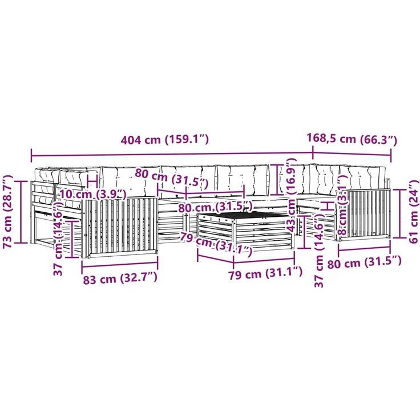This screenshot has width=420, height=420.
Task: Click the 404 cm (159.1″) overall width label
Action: tap(164, 140)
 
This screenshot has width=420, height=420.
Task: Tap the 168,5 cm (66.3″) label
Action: tap(352, 139)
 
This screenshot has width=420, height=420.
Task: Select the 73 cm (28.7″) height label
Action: tap(8, 212)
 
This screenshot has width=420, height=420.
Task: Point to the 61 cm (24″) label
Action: tap(414, 212)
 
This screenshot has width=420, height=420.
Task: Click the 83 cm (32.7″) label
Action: tap(120, 279)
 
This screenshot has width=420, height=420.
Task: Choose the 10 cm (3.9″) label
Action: tap(92, 194)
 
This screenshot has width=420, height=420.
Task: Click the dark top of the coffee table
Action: tap(243, 215)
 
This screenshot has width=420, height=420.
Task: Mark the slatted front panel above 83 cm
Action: tap(120, 228)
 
